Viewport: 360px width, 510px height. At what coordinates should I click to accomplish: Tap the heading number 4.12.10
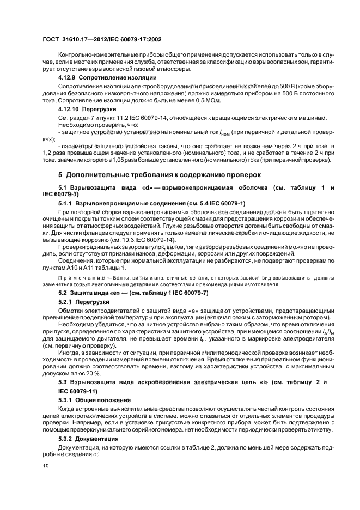coord(69,110)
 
